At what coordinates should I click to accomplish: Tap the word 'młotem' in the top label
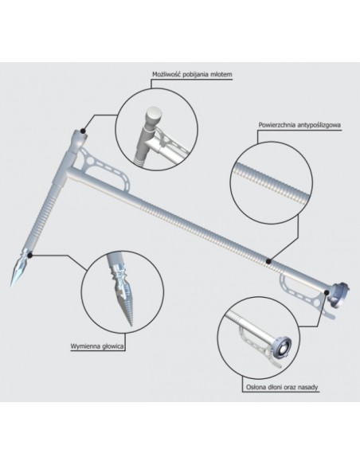click(222, 74)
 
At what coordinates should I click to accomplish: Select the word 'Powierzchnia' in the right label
click(275, 125)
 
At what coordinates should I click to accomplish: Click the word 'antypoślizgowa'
click(317, 125)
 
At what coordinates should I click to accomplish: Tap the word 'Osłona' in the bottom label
click(255, 387)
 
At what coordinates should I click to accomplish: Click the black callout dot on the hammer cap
click(83, 131)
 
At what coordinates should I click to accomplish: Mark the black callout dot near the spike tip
click(30, 255)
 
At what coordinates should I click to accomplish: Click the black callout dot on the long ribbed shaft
click(268, 261)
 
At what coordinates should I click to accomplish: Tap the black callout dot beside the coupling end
click(327, 293)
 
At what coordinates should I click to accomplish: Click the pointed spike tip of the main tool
click(11, 285)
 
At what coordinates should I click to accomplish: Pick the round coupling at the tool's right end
click(339, 295)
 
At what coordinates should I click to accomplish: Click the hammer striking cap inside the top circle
click(155, 115)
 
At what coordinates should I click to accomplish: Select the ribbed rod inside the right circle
click(272, 180)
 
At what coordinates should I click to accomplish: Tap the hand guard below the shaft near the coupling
click(305, 294)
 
